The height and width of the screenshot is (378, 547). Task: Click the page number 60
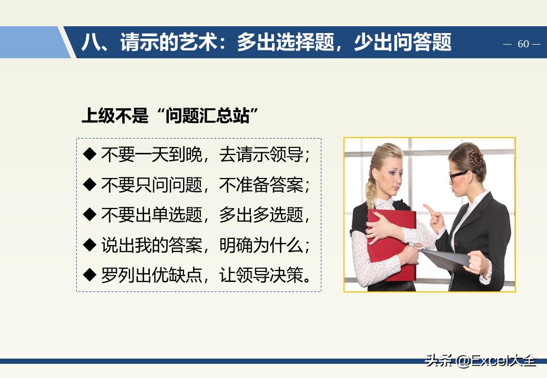(x=523, y=44)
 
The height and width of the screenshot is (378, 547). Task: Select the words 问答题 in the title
(x=426, y=43)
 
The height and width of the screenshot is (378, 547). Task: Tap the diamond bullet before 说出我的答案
(x=90, y=245)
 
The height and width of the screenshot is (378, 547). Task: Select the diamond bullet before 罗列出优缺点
(x=90, y=275)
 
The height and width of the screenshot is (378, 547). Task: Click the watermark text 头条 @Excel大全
(x=480, y=361)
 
